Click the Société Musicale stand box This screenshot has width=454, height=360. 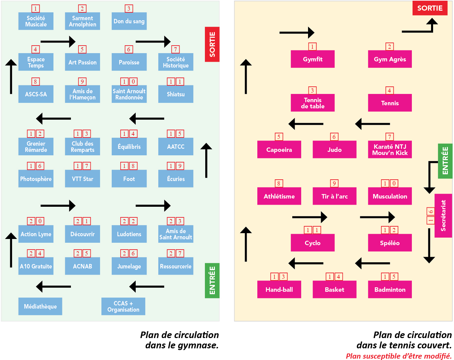click(x=36, y=21)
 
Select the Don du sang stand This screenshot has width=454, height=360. click(x=129, y=21)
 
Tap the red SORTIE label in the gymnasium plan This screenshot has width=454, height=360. click(x=212, y=44)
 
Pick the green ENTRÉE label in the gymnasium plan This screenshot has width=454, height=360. click(x=212, y=280)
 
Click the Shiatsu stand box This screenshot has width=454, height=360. click(x=176, y=94)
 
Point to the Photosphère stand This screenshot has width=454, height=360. click(x=36, y=179)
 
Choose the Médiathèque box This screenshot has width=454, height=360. click(x=40, y=307)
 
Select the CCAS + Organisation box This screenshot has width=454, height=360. click(x=123, y=307)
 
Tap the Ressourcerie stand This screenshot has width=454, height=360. click(x=176, y=266)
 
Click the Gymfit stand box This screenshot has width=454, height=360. click(x=313, y=59)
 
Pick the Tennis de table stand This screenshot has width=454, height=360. click(x=313, y=103)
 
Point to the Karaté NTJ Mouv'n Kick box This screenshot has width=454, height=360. click(x=390, y=150)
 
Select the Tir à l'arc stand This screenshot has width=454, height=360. click(x=334, y=196)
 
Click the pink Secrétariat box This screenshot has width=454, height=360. click(x=443, y=216)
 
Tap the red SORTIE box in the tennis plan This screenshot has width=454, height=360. click(x=430, y=8)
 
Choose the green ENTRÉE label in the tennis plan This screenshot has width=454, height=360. click(x=445, y=161)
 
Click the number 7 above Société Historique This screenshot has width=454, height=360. click(x=175, y=49)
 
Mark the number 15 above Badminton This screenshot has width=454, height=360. click(x=390, y=277)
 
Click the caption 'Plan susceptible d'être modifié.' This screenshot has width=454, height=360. click(x=398, y=356)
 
